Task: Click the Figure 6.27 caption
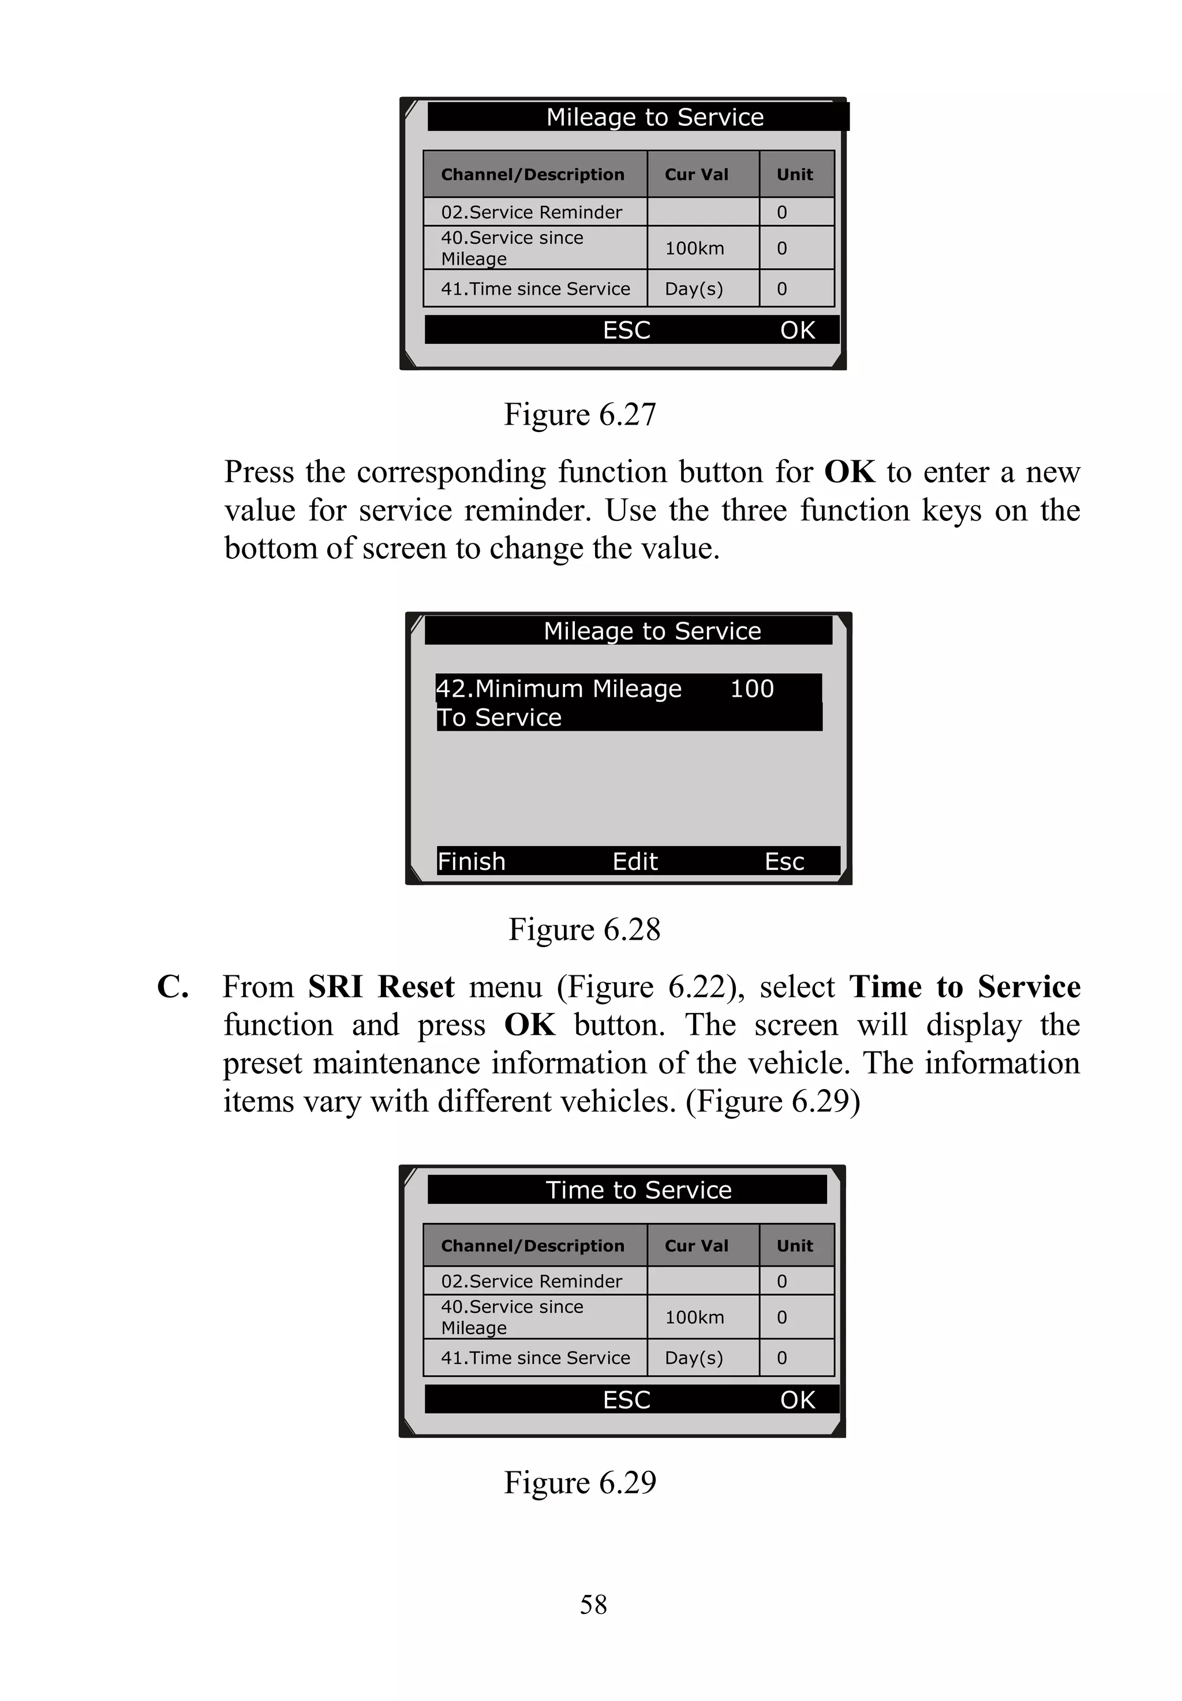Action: point(580,415)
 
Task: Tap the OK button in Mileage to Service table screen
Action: point(797,330)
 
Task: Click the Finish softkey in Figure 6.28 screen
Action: point(471,862)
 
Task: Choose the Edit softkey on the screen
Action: point(635,862)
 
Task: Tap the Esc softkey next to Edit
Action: point(784,862)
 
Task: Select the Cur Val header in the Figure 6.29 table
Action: point(696,1246)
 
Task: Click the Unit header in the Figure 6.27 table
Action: point(795,175)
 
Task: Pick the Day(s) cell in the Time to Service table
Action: point(693,1358)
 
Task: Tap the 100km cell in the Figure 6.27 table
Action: point(694,249)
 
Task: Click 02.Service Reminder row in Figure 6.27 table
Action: point(532,212)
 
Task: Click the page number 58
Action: point(593,1605)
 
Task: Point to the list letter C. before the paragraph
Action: point(173,987)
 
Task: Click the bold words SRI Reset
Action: point(381,987)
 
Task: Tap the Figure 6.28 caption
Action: point(583,930)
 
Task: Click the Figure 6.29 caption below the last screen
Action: point(580,1482)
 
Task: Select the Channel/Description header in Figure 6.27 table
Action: point(533,175)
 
